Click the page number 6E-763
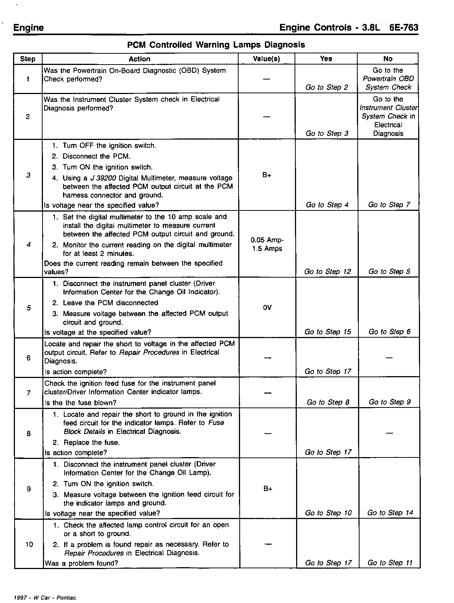(403, 28)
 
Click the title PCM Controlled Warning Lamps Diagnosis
(216, 45)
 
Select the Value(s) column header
(266, 59)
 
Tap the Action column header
(139, 59)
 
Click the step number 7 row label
(28, 393)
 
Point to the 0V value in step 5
(267, 308)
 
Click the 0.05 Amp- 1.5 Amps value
(267, 244)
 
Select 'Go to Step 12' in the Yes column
(327, 272)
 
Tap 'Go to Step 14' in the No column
(390, 513)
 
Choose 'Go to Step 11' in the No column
(390, 563)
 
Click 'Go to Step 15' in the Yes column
(327, 332)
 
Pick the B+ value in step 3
(267, 175)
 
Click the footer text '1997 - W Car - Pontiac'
(44, 597)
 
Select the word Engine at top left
(28, 28)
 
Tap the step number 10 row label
(29, 544)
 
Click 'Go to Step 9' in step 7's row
(389, 402)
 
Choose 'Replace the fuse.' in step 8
(91, 443)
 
